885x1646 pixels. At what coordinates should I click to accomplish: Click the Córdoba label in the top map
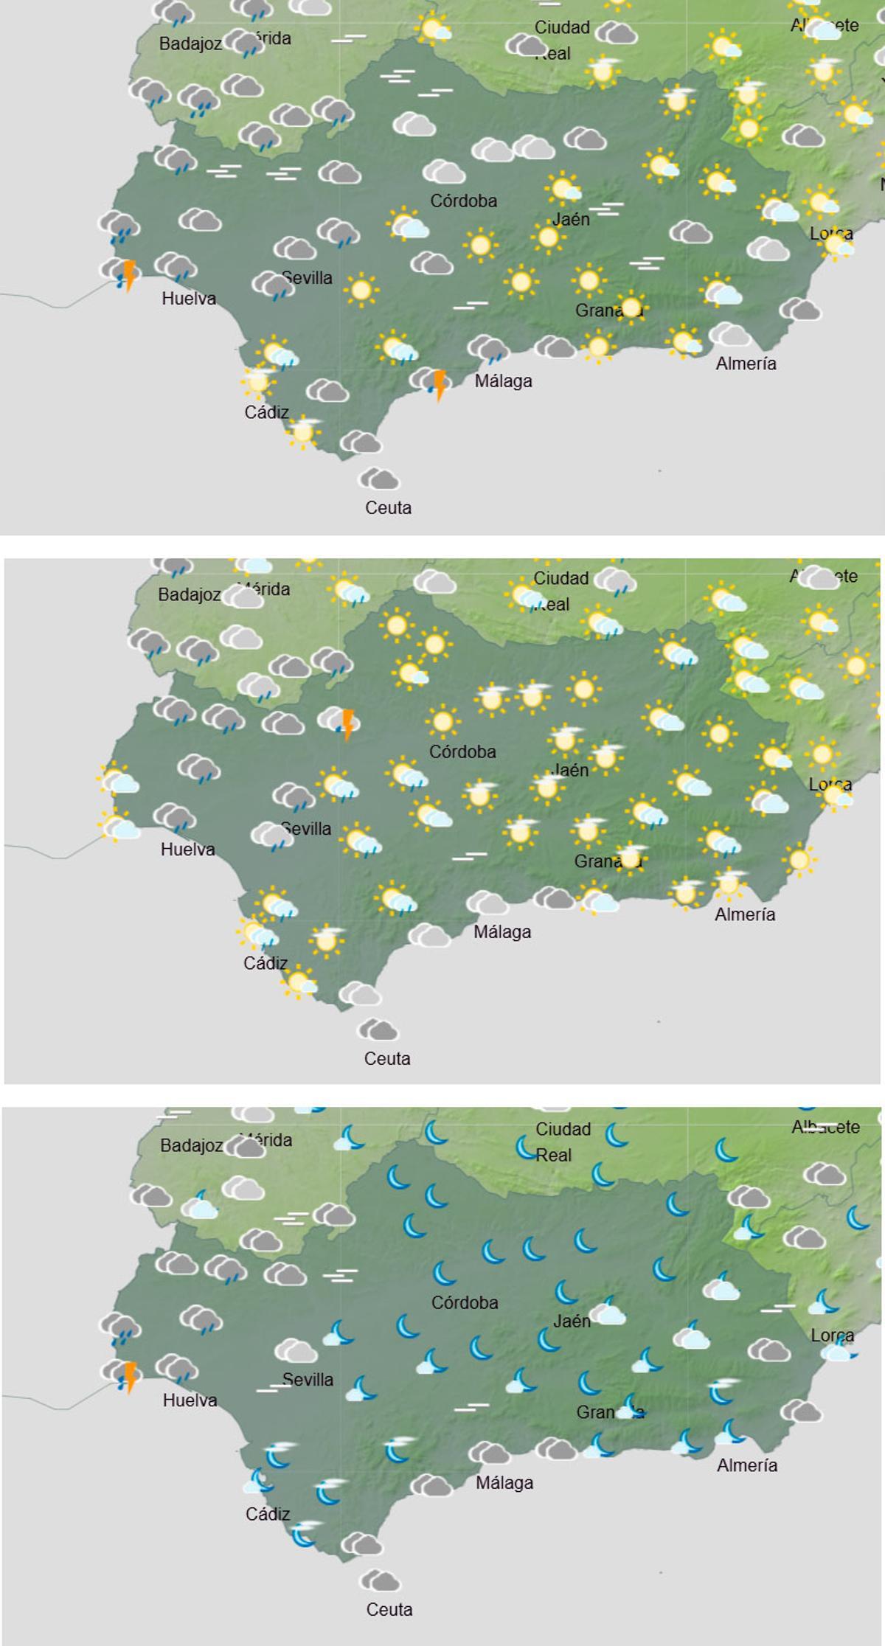coord(463,201)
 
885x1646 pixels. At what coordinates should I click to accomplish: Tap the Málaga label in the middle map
coord(502,931)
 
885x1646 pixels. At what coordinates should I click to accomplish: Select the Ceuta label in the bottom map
coord(389,1609)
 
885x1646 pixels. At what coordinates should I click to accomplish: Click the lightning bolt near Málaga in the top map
coord(439,385)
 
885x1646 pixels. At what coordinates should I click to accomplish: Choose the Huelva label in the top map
coord(189,299)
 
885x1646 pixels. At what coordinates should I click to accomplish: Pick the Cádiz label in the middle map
coord(265,963)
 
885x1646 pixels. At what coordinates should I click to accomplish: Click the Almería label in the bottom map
coord(746,1465)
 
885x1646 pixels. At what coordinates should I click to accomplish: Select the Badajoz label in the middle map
coord(190,594)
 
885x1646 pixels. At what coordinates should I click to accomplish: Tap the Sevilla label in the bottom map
coord(308,1379)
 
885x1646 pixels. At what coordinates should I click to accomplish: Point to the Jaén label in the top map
coord(572,219)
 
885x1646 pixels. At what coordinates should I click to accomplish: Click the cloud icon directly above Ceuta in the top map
coord(381,479)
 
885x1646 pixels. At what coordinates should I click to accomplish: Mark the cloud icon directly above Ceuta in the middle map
coord(378,1029)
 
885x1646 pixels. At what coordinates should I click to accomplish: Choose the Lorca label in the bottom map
coord(832,1335)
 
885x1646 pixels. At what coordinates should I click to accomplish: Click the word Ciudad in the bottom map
coord(563,1129)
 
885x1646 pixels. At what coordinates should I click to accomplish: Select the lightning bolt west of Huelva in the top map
coord(129,275)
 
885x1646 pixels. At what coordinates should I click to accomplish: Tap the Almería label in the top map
coord(746,363)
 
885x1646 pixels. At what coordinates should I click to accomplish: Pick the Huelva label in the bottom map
coord(190,1400)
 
